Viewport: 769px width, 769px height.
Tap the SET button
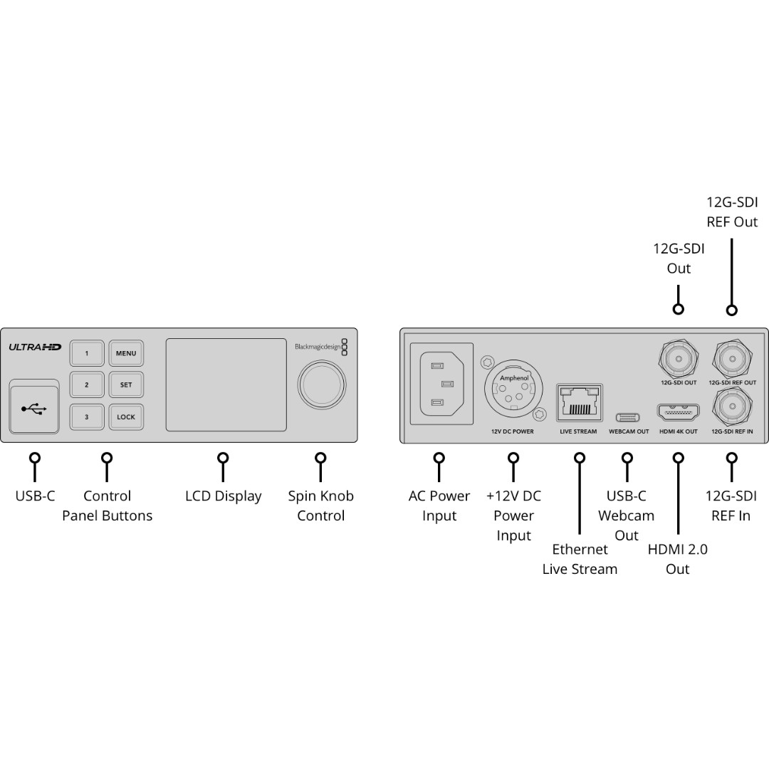(126, 385)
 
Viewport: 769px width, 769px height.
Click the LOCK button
(126, 417)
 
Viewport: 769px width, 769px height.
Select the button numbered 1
(87, 353)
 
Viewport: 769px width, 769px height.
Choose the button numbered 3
(87, 417)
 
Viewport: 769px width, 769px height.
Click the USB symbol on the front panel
(34, 409)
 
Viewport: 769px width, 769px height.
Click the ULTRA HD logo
(35, 347)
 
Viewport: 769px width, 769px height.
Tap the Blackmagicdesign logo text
(318, 347)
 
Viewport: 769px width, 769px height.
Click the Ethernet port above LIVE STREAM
(579, 402)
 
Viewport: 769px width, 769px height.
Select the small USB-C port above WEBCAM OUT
(628, 418)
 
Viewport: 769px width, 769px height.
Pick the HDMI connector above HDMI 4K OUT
(679, 412)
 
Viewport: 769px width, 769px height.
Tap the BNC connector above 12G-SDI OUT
(679, 358)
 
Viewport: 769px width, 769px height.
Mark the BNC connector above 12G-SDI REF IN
(732, 407)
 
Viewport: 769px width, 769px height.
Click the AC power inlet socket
(441, 384)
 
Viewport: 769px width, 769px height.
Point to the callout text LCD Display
(224, 496)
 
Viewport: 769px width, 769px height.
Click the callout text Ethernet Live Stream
(580, 559)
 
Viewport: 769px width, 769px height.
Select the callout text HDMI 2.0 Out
(678, 559)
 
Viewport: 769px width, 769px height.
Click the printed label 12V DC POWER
(513, 431)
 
